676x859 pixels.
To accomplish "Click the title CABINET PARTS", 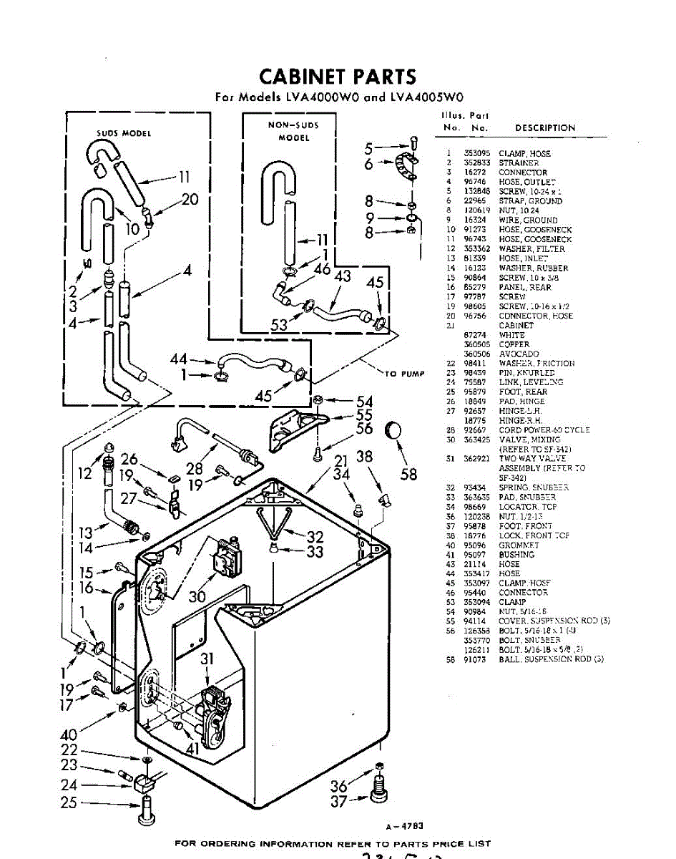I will click(337, 77).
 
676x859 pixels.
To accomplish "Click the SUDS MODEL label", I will click(124, 133).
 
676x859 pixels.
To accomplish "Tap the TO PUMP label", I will click(405, 374).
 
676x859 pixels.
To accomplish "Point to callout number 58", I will click(408, 475).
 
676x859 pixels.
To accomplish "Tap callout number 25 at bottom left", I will click(69, 802).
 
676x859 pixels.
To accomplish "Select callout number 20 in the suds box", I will click(190, 199).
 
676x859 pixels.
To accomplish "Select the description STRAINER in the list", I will click(519, 163).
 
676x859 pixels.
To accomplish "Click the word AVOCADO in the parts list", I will click(519, 354).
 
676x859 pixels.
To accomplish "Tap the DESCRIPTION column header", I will click(545, 128).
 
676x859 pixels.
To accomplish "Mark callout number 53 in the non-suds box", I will click(279, 324).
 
